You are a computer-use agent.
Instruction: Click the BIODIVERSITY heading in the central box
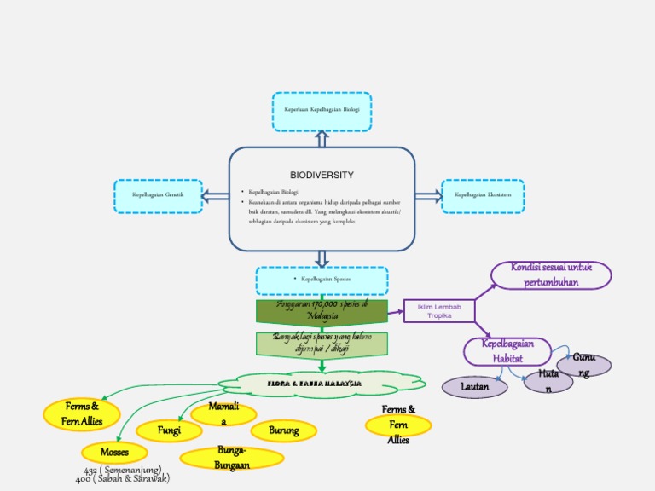[x=322, y=175]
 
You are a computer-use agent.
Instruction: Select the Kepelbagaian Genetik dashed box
[x=158, y=196]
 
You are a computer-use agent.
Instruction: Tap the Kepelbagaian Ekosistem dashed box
[x=484, y=195]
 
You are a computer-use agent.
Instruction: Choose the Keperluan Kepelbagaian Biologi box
[x=322, y=111]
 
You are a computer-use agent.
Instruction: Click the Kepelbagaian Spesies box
[x=322, y=280]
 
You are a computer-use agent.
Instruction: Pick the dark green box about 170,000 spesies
[x=322, y=310]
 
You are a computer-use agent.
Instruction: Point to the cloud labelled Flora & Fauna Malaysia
[x=321, y=384]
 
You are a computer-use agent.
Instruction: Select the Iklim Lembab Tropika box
[x=438, y=311]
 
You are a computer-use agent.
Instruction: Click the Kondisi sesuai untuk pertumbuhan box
[x=551, y=275]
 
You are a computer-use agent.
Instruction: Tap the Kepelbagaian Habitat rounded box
[x=507, y=351]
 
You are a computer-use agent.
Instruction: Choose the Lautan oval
[x=474, y=387]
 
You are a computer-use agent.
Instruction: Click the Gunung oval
[x=583, y=365]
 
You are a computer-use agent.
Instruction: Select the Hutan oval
[x=548, y=381]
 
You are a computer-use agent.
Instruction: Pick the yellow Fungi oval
[x=169, y=431]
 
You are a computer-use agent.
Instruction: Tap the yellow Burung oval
[x=283, y=430]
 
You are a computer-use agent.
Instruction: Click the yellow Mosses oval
[x=114, y=452]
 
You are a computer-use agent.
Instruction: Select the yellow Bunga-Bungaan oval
[x=232, y=458]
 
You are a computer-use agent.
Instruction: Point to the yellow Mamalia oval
[x=223, y=414]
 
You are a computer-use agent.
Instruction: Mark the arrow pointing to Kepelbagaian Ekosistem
[x=428, y=196]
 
